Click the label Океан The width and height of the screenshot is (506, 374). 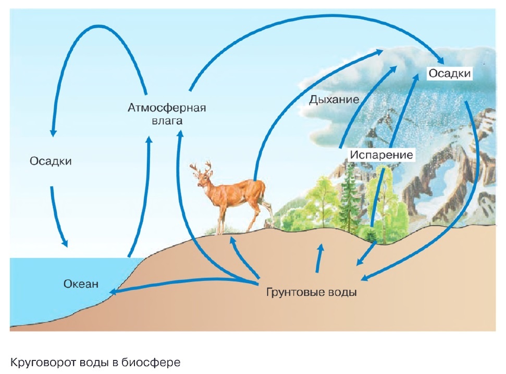(81, 284)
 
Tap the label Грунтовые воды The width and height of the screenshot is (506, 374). (312, 292)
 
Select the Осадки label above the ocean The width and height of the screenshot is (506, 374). (51, 161)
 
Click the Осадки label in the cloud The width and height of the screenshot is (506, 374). (450, 74)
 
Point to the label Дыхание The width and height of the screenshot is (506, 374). (334, 100)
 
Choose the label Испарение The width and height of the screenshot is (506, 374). (381, 155)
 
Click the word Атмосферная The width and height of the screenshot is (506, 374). (167, 107)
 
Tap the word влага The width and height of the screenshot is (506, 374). (167, 121)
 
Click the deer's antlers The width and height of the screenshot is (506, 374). (202, 168)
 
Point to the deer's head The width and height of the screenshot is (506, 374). (203, 179)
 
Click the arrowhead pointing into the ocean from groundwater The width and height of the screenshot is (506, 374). (114, 292)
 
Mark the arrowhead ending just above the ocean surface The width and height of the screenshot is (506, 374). (65, 243)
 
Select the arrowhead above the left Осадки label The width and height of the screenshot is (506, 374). (53, 132)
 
